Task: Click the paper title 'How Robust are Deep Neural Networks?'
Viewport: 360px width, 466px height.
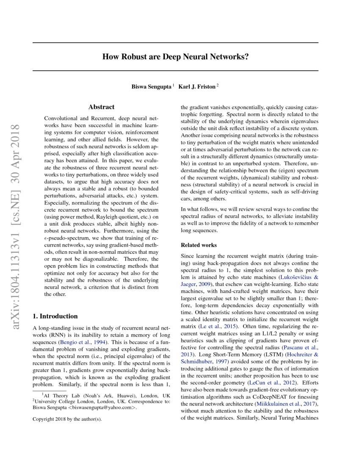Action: pos(175,57)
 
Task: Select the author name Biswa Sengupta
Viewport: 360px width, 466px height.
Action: pos(152,87)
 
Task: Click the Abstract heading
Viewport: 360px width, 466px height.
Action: pos(102,108)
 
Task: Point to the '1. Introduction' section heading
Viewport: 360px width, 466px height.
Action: pos(55,316)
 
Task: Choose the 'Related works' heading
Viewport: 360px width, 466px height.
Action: pos(199,245)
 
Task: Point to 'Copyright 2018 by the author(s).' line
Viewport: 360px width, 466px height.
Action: pos(67,420)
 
